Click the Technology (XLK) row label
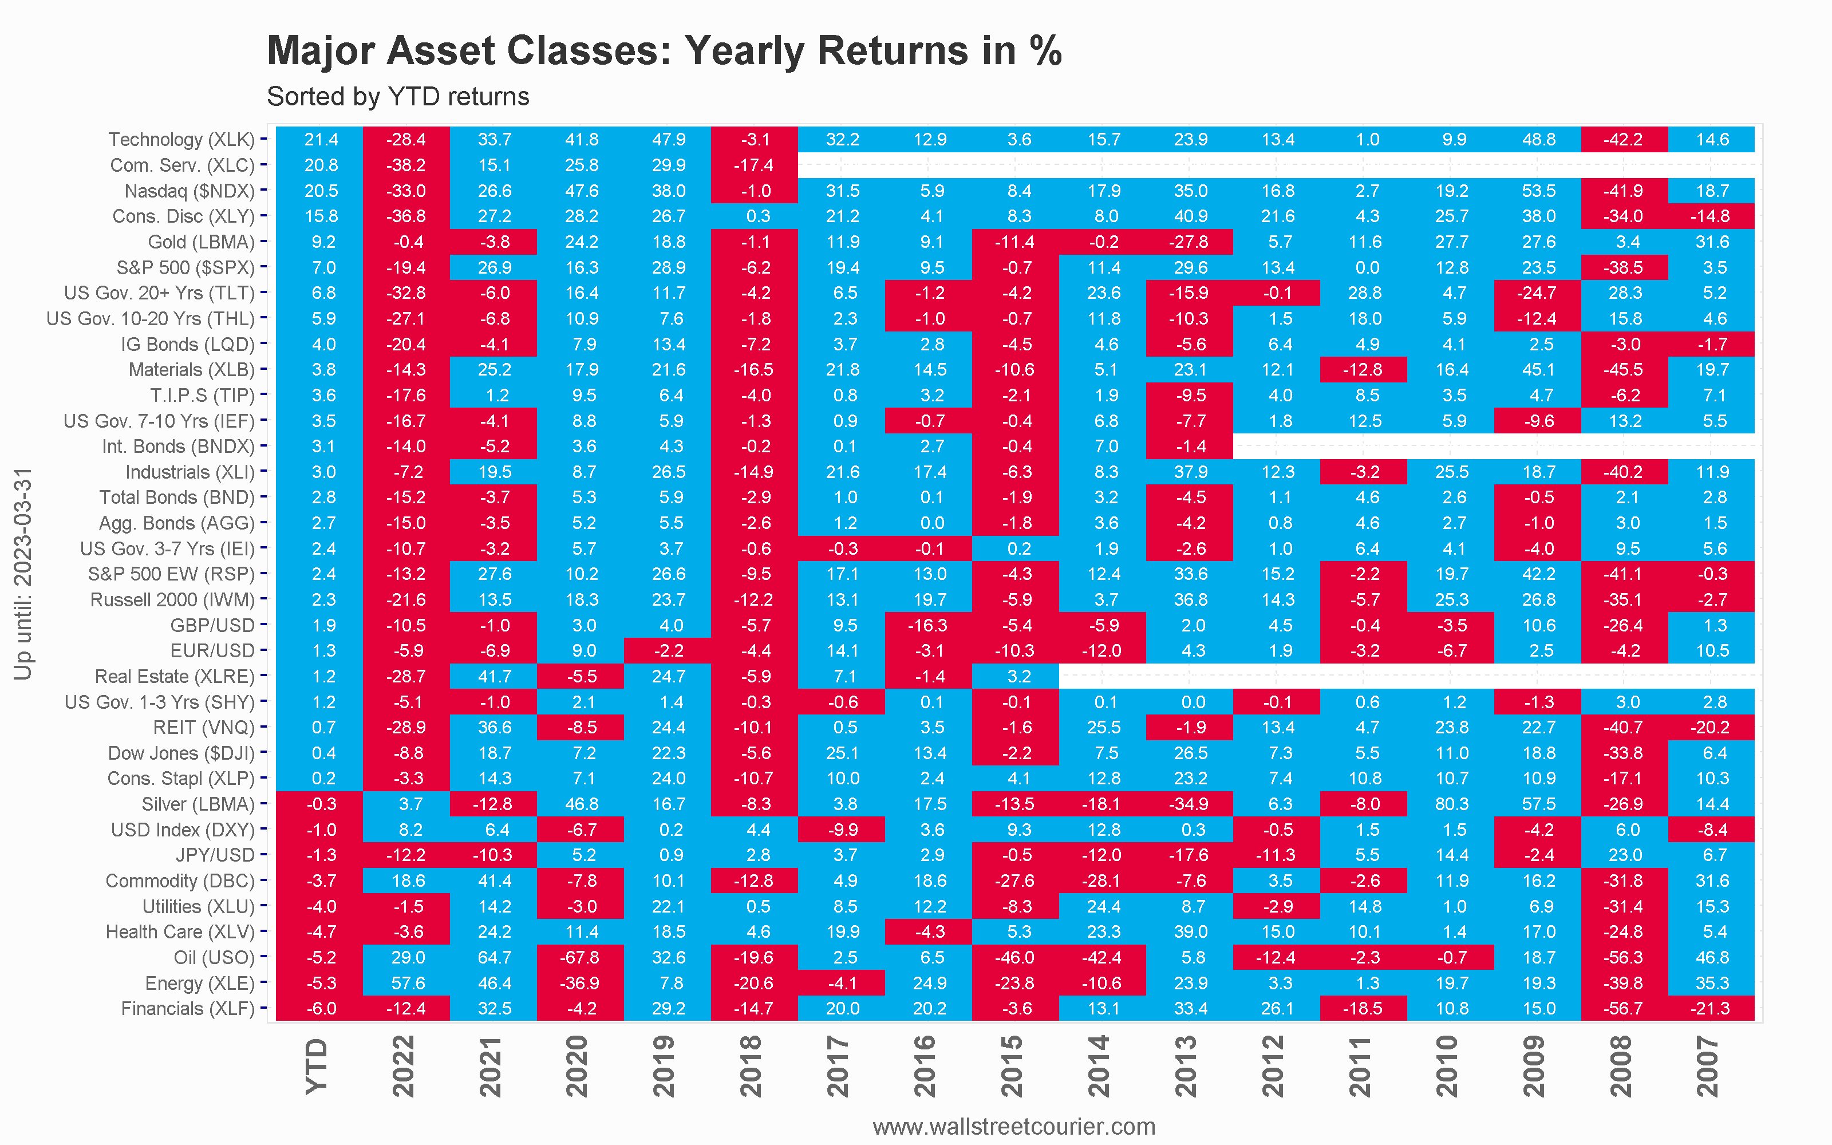tap(181, 139)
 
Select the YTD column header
tap(317, 1066)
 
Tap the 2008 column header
tap(1621, 1066)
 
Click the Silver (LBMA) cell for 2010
tap(1451, 804)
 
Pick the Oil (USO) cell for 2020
tap(581, 957)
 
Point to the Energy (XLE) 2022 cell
tap(406, 983)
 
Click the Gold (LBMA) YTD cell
tap(320, 242)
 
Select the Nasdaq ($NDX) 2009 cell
tap(1538, 191)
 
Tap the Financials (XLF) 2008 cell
tap(1625, 1009)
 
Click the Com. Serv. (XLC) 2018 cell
tap(755, 165)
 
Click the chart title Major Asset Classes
tap(664, 51)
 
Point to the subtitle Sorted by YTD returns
tap(398, 97)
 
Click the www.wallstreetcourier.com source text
tap(1014, 1126)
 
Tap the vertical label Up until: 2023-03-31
tap(23, 574)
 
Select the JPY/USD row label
tap(215, 855)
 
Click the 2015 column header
tap(1012, 1066)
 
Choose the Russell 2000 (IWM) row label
tap(172, 600)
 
